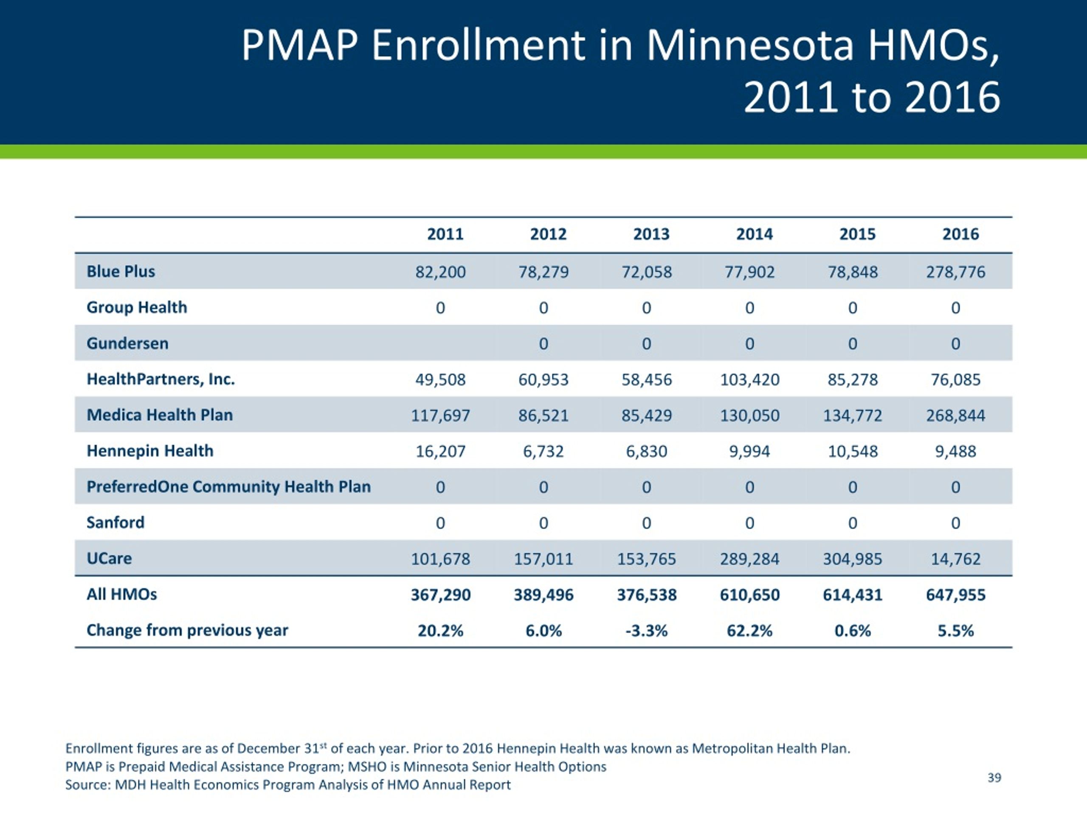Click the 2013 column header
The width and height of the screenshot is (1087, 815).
click(x=651, y=234)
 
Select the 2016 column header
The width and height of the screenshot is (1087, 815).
click(x=960, y=234)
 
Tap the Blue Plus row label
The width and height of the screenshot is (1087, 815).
click(x=121, y=271)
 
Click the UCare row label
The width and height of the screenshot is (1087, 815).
click(x=109, y=559)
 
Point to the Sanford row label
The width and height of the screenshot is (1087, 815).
click(x=115, y=522)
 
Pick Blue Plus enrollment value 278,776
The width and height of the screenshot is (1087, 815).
click(x=956, y=272)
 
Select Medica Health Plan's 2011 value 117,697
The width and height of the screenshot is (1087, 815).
click(x=440, y=416)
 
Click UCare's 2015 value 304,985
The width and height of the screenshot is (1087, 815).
click(x=853, y=559)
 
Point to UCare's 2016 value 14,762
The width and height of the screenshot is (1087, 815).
click(x=956, y=559)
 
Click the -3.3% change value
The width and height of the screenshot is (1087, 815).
click(x=647, y=631)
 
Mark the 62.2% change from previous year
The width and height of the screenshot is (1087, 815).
click(x=749, y=631)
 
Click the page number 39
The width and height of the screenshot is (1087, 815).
click(x=994, y=778)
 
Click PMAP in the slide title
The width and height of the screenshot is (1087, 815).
click(x=300, y=46)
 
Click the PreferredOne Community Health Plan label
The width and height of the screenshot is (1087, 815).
click(x=228, y=486)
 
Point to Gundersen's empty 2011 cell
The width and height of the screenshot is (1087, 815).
click(x=440, y=343)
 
